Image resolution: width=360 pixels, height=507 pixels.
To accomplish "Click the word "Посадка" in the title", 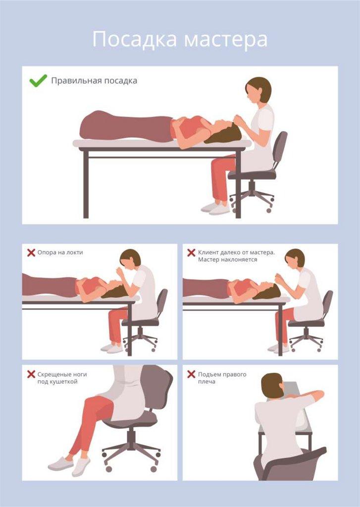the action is tap(135, 40).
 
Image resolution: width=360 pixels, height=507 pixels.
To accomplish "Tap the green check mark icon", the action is tap(38, 81).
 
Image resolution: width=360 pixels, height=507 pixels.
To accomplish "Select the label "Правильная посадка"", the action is tap(94, 81).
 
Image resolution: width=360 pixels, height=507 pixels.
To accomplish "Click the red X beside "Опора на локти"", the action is tap(31, 253).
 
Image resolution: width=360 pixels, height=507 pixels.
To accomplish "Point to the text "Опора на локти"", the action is tap(60, 253).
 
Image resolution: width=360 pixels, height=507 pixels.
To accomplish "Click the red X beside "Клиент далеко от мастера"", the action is tap(191, 253).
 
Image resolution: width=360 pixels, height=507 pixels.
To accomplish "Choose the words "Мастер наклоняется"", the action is tap(228, 259).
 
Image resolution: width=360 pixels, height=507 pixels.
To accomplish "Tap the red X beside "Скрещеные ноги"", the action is tap(31, 374).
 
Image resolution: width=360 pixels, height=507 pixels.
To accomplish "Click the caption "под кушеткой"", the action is tap(57, 382).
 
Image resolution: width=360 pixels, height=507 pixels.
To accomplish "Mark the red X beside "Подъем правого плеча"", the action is tap(191, 374).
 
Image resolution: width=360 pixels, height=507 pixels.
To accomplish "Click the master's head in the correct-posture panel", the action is tap(259, 90).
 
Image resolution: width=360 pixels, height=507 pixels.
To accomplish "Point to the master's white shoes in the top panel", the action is tap(215, 208).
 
